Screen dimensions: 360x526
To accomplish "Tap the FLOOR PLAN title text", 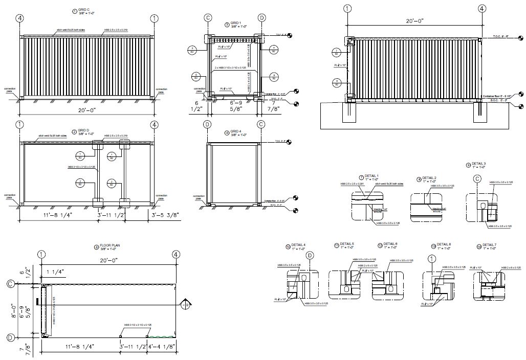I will point(107,246).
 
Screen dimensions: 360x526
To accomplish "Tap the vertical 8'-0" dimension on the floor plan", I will point(22,310).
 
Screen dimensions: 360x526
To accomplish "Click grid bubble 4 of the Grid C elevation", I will point(20,19).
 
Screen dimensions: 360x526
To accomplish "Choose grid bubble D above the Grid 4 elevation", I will point(208,124).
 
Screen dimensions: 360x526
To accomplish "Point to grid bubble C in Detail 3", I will point(477,179).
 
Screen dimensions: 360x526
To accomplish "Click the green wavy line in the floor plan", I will point(161,337).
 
